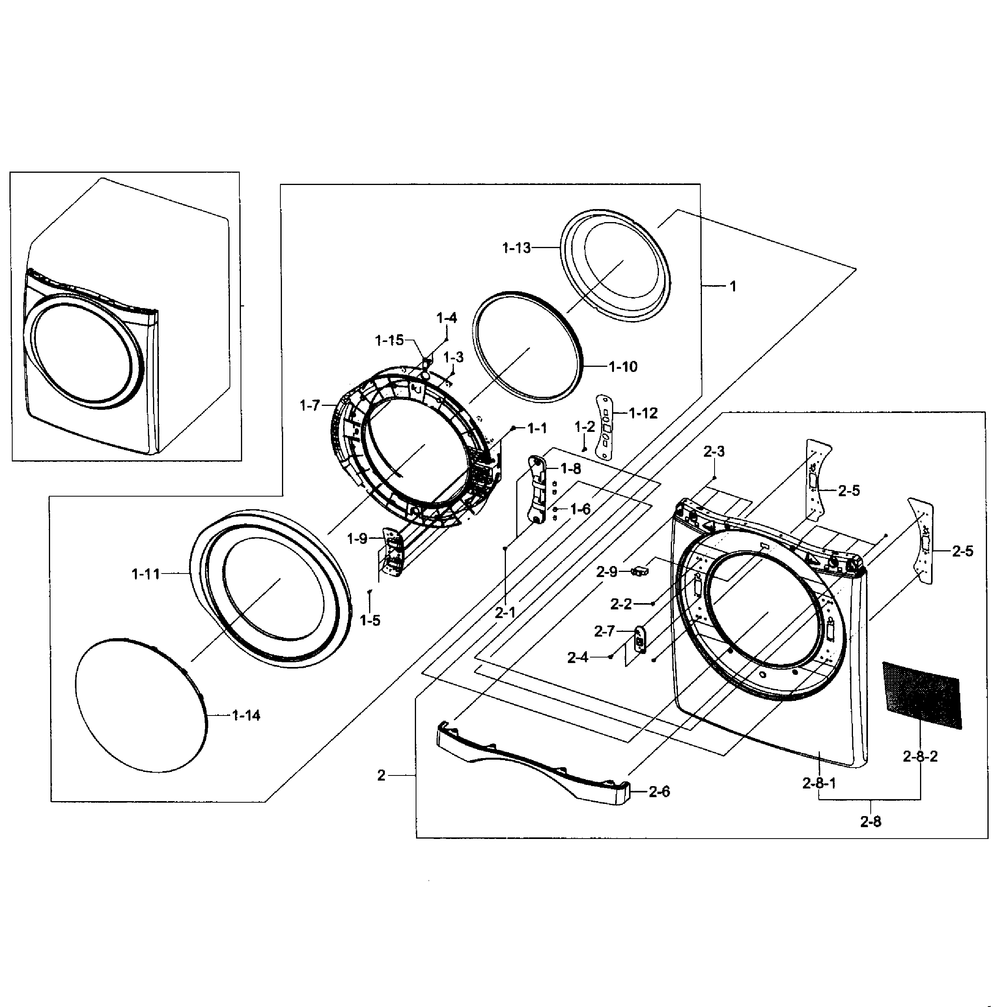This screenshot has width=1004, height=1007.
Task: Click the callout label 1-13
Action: tap(516, 248)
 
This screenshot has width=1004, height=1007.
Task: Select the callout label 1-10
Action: tap(623, 367)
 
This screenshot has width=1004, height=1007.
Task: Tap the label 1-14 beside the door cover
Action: tap(246, 716)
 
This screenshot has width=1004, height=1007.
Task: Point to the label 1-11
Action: tap(146, 574)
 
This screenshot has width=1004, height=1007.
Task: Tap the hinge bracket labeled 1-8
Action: tap(538, 488)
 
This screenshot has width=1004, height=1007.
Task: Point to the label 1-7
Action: tap(310, 405)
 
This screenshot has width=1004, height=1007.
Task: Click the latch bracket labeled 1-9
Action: tap(393, 551)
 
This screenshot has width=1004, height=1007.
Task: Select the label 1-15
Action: tap(389, 340)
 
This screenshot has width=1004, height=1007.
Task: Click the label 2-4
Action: tap(578, 658)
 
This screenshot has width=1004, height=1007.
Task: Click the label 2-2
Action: tap(621, 604)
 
